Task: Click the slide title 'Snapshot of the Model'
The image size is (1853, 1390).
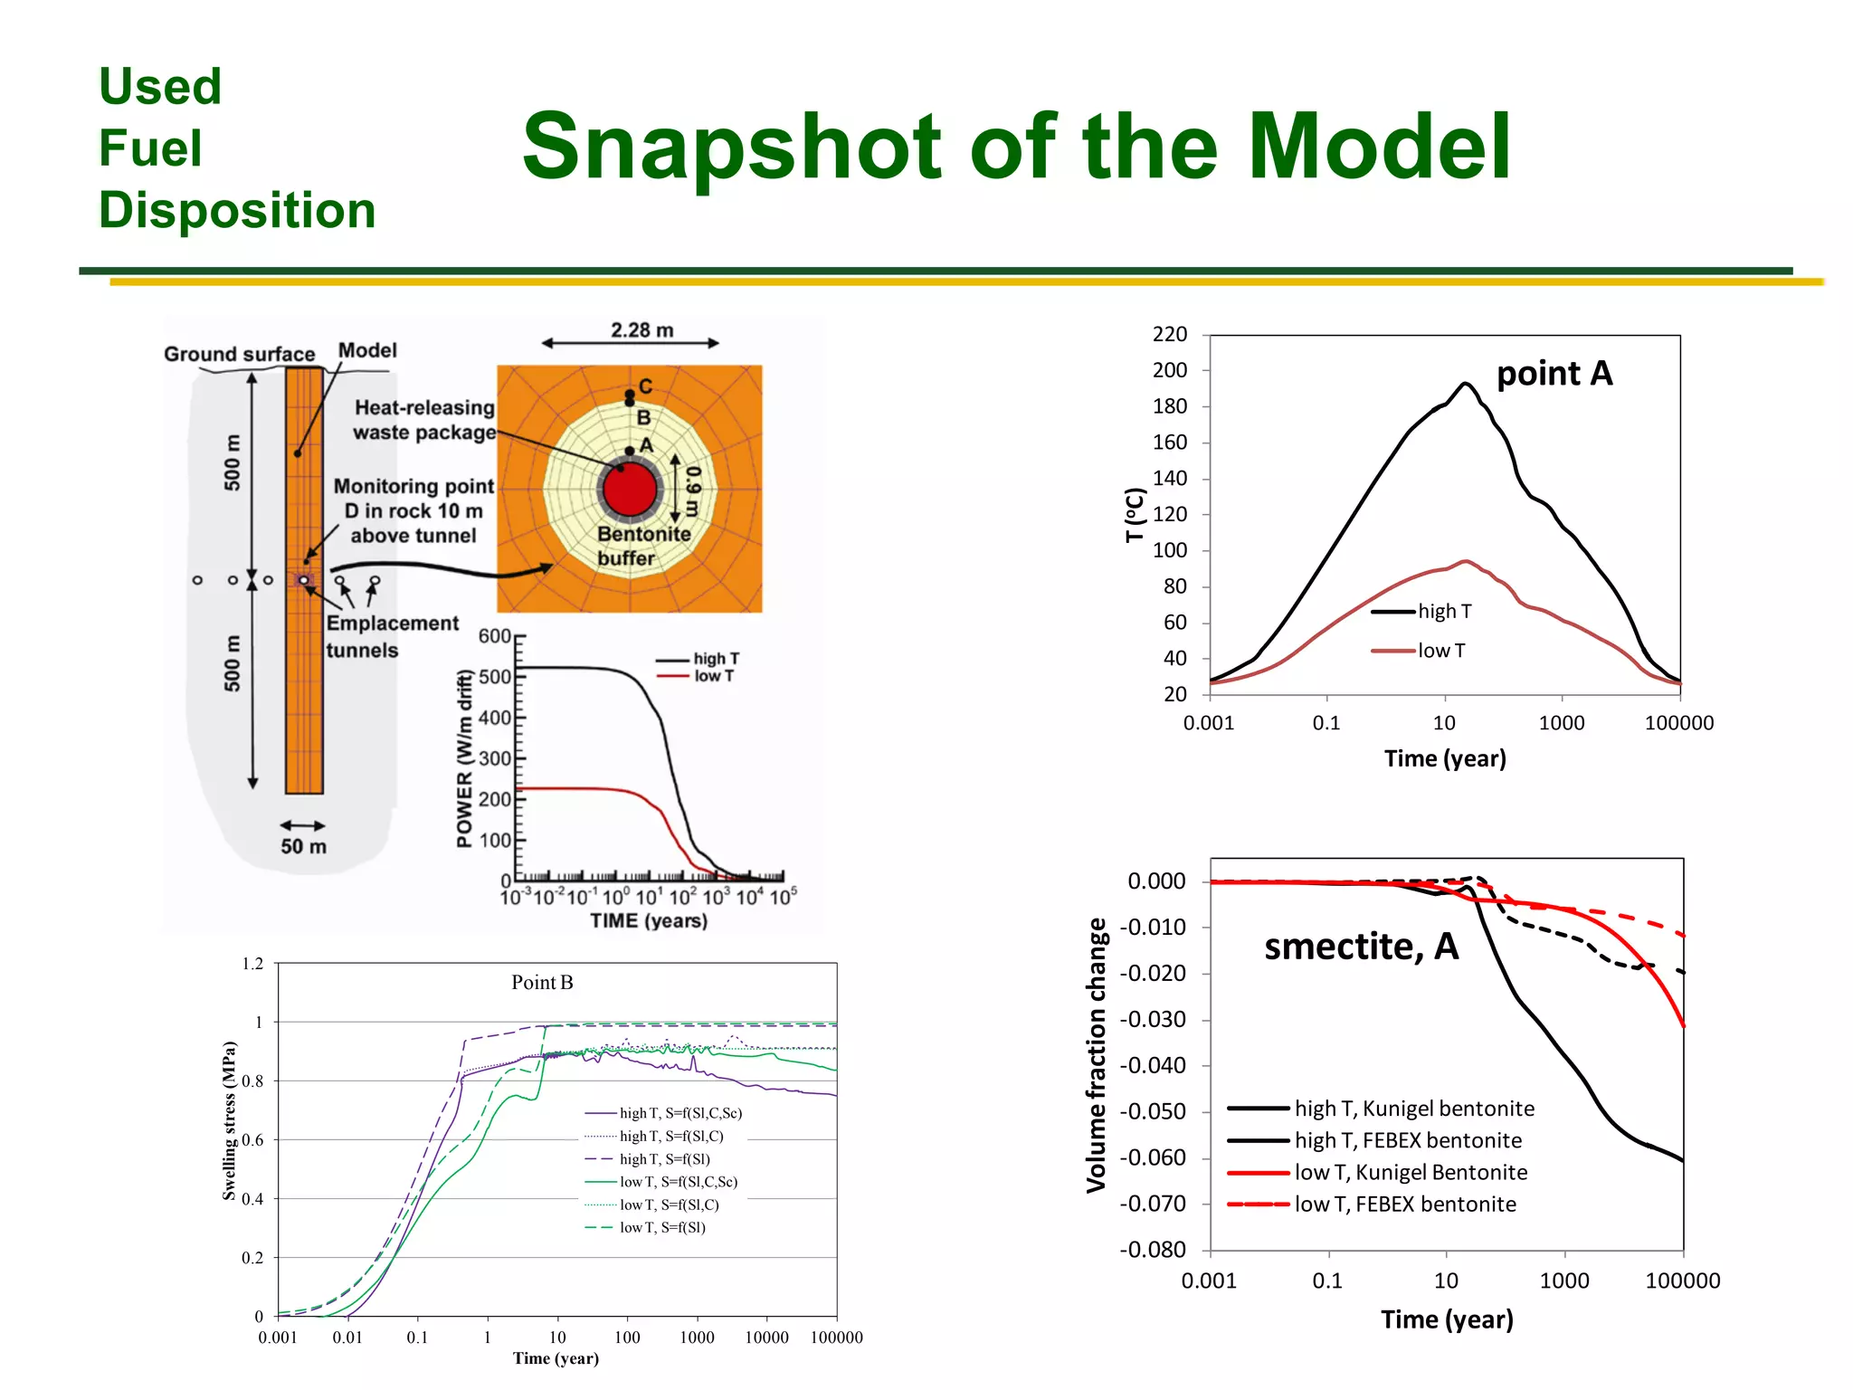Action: click(1015, 147)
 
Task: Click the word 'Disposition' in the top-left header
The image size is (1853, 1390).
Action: click(237, 211)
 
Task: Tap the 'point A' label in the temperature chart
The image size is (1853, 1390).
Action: click(1554, 374)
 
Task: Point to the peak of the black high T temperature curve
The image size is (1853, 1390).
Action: click(1465, 384)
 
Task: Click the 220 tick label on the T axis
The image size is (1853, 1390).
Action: click(1169, 335)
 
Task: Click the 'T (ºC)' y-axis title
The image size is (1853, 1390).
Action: click(1135, 515)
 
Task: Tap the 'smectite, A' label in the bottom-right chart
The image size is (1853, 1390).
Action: click(1361, 947)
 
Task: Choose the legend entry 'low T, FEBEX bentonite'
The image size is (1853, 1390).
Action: click(1404, 1204)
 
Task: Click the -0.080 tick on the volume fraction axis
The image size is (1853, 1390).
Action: click(1153, 1250)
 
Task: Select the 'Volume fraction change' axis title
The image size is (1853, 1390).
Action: click(1097, 1054)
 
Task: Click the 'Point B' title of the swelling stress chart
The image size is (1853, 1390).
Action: click(542, 983)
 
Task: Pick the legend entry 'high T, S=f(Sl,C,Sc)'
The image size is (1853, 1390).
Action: click(679, 1113)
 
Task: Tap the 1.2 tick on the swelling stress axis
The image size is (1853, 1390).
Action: click(252, 964)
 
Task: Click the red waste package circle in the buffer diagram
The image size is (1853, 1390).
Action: click(629, 490)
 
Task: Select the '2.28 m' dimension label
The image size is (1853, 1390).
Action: click(641, 330)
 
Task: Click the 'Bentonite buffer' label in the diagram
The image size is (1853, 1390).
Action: click(642, 546)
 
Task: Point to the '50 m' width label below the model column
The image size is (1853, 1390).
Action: click(303, 847)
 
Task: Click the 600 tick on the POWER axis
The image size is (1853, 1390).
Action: click(494, 636)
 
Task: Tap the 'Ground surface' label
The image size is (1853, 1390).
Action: click(239, 354)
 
